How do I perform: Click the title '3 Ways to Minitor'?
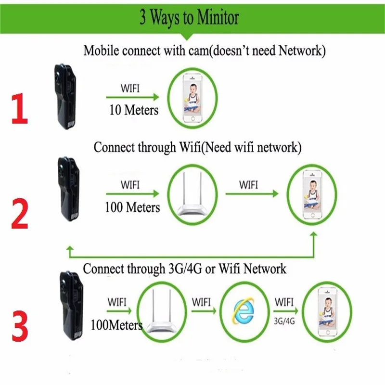(189, 18)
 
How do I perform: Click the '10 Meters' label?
(133, 110)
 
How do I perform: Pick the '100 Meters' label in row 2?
(132, 207)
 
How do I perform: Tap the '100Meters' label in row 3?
(116, 325)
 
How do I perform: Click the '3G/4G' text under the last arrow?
(284, 320)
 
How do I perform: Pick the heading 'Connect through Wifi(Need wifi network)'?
(197, 147)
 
